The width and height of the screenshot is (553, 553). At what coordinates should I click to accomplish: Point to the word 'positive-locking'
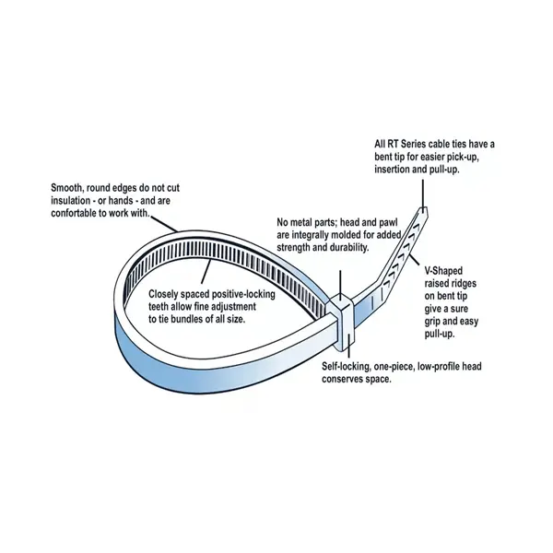click(x=242, y=294)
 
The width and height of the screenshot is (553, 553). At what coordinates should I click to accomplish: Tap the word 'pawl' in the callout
click(x=388, y=223)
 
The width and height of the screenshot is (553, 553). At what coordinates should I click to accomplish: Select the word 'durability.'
click(x=349, y=248)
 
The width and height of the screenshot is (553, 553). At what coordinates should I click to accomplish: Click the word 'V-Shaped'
click(x=443, y=271)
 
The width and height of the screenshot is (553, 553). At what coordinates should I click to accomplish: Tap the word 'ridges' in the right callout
click(x=464, y=284)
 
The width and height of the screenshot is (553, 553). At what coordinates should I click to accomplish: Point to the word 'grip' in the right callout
click(x=432, y=322)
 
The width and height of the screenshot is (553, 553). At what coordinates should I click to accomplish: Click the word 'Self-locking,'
click(x=346, y=367)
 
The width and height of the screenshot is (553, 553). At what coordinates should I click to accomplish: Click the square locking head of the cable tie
click(x=341, y=321)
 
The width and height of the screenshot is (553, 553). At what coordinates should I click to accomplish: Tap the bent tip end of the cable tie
click(x=422, y=213)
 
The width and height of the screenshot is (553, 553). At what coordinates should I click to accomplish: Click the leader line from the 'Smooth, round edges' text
click(x=165, y=224)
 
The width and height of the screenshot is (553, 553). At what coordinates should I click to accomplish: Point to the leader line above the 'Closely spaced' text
click(x=206, y=271)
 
